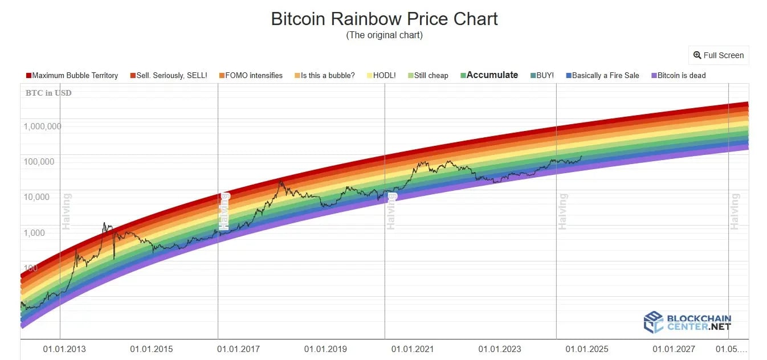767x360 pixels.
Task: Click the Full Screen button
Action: coord(719,55)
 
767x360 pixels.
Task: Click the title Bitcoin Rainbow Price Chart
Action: coord(384,19)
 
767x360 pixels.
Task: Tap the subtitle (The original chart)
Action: coord(384,35)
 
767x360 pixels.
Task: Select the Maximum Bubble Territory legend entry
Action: coord(72,75)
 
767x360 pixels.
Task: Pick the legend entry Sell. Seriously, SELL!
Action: coord(169,75)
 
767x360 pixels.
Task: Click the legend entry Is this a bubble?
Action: coord(324,75)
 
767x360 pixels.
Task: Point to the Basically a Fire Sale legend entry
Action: coord(602,75)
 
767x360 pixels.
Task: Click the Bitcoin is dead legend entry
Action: coord(678,75)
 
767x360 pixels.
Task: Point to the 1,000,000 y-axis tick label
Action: coord(42,126)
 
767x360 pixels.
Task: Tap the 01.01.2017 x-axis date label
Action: coord(238,349)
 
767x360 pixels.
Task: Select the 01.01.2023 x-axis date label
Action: coord(499,349)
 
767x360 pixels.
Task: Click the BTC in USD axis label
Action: coord(48,93)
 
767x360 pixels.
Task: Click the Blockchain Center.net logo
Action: coord(687,322)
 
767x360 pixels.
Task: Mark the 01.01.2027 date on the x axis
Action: coord(674,349)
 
